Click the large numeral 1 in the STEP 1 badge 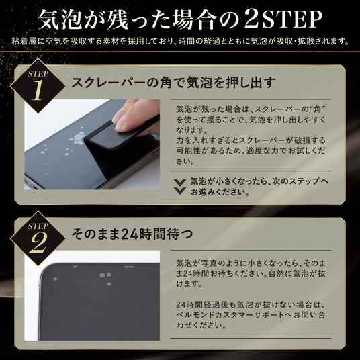point(37,90)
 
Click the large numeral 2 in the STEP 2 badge point(38,242)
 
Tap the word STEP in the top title point(292,19)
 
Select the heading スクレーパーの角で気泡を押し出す point(173,82)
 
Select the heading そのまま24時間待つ point(132,234)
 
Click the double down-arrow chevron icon point(180,187)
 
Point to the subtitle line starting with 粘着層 point(180,41)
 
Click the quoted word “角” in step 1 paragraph point(318,109)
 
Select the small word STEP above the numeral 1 point(38,74)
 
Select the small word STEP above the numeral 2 point(38,226)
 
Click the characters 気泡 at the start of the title point(60,19)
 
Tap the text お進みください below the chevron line point(220,192)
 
